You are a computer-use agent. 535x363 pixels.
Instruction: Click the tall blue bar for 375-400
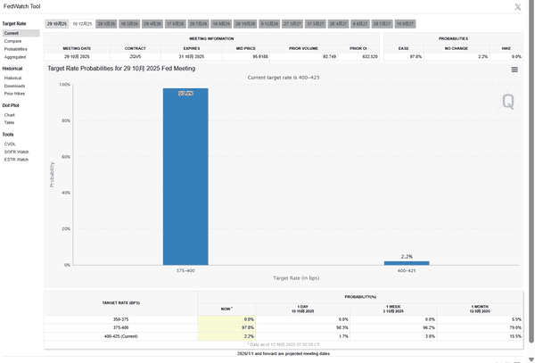tap(185, 178)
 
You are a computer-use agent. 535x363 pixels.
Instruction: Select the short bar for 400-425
tap(407, 263)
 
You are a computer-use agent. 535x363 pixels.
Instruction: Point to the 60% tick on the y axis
tap(64, 157)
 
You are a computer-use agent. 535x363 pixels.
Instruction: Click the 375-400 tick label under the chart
tap(185, 270)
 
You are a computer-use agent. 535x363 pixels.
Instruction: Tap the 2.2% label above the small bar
tap(407, 257)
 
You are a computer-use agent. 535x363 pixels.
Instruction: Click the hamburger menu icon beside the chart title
tap(514, 69)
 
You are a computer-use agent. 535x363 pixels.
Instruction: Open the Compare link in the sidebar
tap(12, 41)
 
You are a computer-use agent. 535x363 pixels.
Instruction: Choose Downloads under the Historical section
tap(14, 86)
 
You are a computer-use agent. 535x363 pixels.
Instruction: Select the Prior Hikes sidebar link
tap(14, 93)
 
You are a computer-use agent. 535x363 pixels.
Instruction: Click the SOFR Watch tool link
tap(16, 152)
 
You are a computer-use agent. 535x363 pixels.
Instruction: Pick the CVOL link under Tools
tap(10, 144)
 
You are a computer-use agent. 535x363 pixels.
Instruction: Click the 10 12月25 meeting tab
tap(81, 23)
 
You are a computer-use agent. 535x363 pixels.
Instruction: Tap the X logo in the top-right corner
tap(519, 7)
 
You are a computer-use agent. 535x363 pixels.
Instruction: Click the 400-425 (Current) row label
tap(119, 335)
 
